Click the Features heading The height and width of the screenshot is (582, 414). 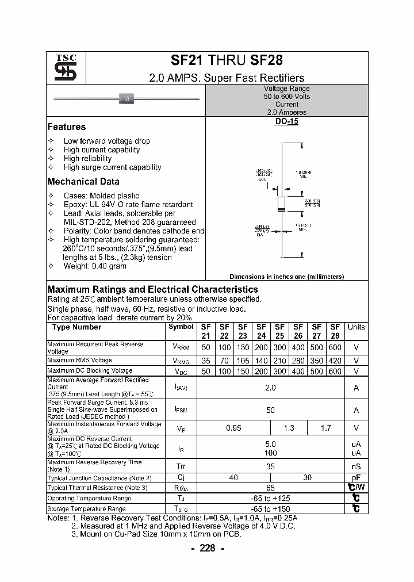coord(66,127)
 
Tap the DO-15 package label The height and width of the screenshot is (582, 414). coord(287,122)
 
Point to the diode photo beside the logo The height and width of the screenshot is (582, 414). coord(126,99)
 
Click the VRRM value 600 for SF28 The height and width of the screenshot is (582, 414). coord(335,347)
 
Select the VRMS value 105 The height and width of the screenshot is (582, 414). coord(243,361)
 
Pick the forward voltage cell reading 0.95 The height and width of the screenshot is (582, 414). coord(233,428)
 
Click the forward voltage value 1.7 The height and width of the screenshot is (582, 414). coord(325,428)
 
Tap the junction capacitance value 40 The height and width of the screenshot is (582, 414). coord(233,478)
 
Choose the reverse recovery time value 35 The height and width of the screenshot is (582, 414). coord(270,466)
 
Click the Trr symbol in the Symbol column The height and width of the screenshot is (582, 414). coord(181,466)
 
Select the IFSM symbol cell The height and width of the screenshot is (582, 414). coord(181,410)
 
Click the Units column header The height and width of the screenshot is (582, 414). coord(356,327)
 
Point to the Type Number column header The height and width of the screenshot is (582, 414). coord(76,327)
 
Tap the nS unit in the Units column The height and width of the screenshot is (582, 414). coord(356,466)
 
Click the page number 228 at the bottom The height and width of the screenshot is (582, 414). coord(207,548)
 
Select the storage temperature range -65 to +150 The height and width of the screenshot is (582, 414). coord(270,509)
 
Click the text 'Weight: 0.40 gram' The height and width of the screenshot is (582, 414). coord(95,266)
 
